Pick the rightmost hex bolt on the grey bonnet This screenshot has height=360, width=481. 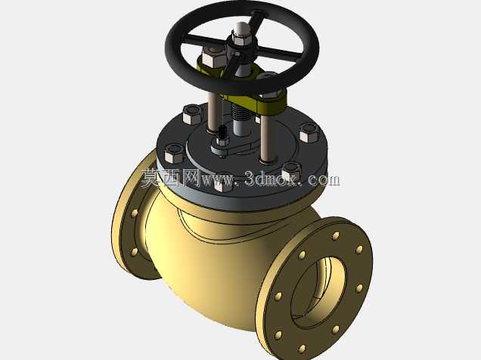pyautogui.click(x=310, y=133)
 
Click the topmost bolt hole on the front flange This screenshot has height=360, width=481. pyautogui.click(x=337, y=236)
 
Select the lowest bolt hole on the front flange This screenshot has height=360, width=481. pyautogui.click(x=303, y=349)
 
